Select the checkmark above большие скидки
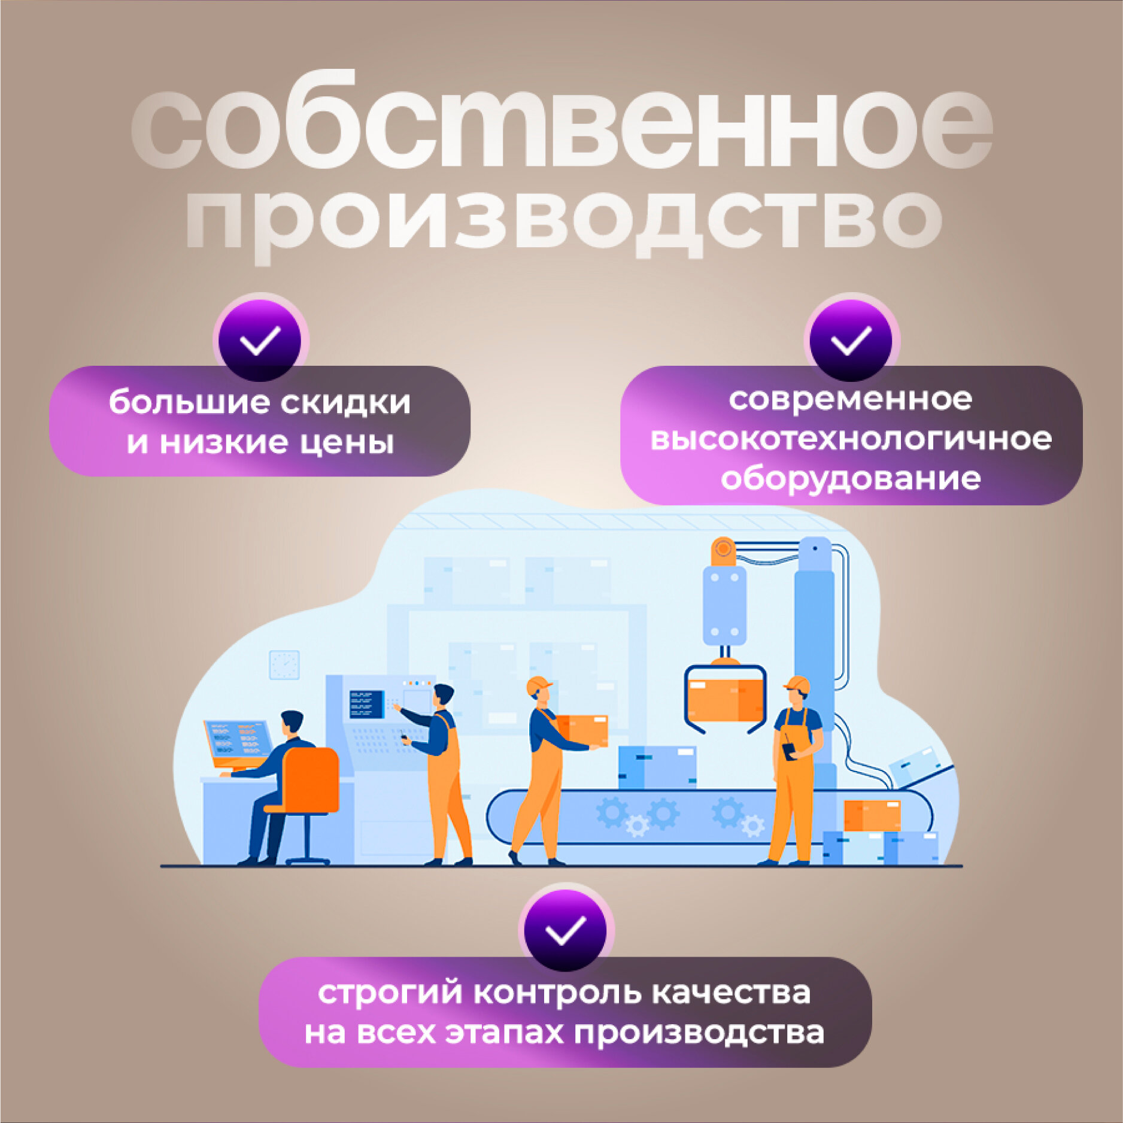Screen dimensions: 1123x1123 pos(260,340)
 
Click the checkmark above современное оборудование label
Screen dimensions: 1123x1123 pos(851,340)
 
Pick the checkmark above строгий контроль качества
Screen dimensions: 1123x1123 pos(566,930)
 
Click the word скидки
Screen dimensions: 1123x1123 pos(345,402)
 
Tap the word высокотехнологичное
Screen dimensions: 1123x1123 pos(851,439)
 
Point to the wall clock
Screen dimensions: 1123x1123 pos(284,665)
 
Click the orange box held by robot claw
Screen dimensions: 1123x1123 pos(726,700)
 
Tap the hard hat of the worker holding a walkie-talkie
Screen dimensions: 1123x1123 pos(797,684)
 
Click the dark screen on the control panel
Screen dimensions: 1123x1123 pos(366,704)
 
